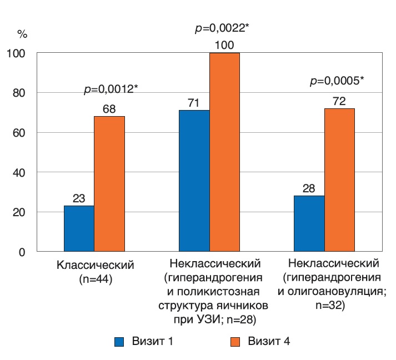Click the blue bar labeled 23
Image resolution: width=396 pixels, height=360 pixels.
tap(79, 228)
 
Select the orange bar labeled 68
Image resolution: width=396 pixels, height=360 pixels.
tap(109, 184)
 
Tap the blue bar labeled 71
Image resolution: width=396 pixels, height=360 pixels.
tap(194, 181)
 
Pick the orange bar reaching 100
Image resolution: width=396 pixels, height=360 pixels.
tap(224, 152)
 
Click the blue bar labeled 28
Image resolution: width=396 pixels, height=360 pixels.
tap(309, 223)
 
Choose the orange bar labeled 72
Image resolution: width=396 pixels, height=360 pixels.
tap(339, 180)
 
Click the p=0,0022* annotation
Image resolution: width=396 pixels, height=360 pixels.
tap(221, 27)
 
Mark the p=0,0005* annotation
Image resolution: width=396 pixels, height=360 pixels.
tap(337, 81)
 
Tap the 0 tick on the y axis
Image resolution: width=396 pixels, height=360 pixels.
tap(22, 252)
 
